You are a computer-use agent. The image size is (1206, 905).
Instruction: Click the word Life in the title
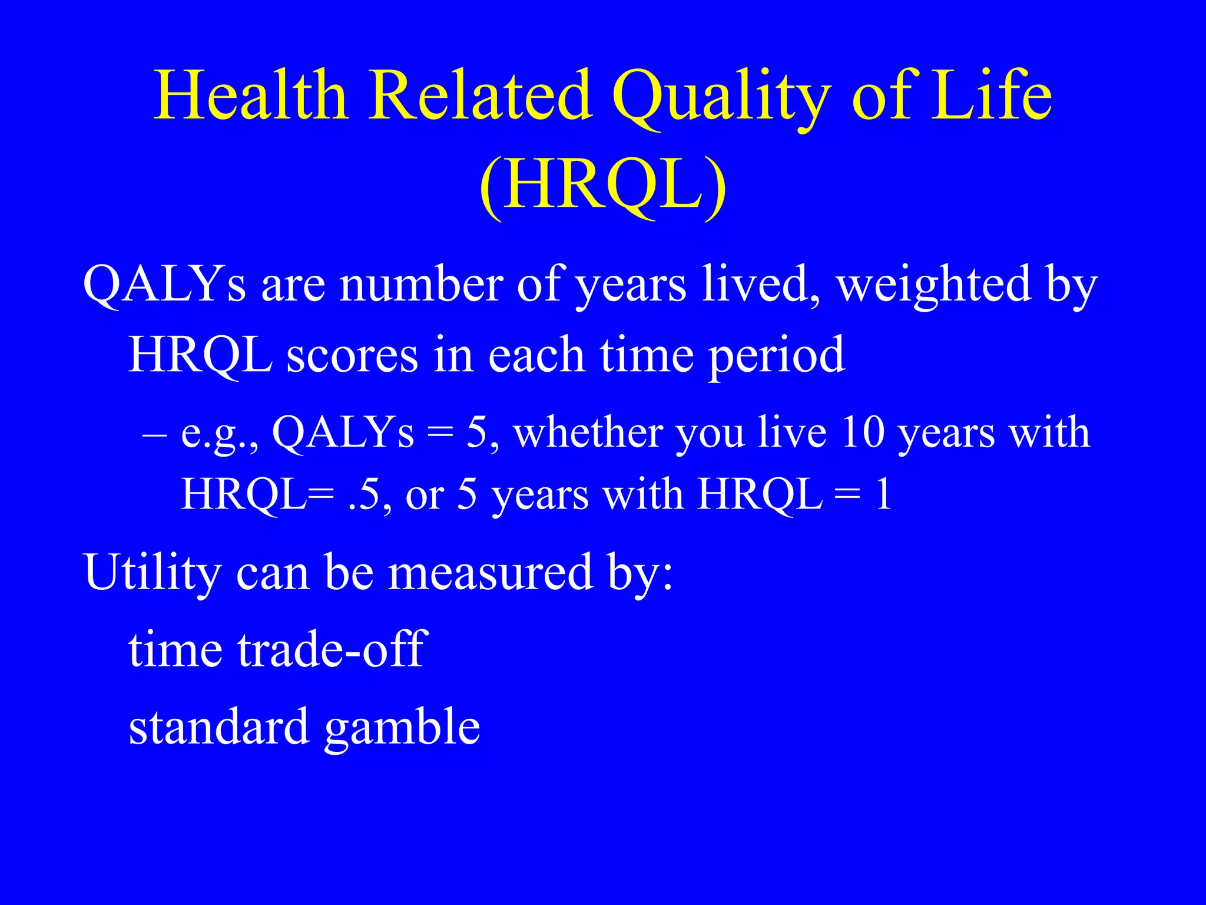tap(990, 95)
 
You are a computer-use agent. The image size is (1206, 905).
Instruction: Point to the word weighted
tap(934, 285)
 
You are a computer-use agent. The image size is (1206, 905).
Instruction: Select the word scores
tap(352, 355)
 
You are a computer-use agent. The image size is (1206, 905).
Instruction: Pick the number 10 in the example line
tap(863, 432)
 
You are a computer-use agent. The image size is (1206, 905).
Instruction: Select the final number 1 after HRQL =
tap(883, 494)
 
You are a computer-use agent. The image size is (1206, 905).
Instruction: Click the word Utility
tap(153, 572)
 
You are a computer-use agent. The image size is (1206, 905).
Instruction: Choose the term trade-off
tap(330, 649)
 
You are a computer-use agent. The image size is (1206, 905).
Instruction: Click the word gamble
tap(402, 727)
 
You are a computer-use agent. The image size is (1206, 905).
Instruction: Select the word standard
tap(218, 727)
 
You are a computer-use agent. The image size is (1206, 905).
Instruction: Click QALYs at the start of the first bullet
tap(164, 285)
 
